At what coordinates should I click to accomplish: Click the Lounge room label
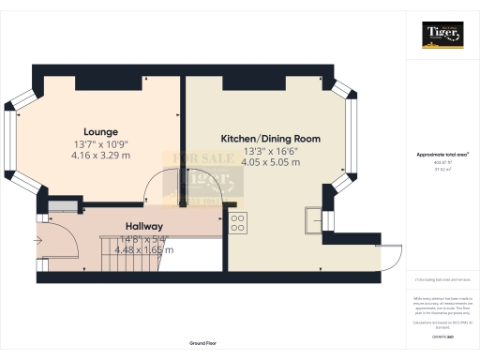pos(99,131)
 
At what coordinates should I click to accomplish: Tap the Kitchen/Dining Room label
pos(270,138)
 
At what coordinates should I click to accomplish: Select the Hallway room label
pos(144,226)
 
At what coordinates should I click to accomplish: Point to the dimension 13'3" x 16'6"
pos(270,150)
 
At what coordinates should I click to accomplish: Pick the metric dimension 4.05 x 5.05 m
pos(270,162)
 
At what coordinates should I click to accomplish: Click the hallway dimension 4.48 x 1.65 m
pos(144,249)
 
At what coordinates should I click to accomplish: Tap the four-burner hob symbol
pos(237,222)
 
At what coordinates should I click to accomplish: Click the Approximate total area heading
pos(442,154)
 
